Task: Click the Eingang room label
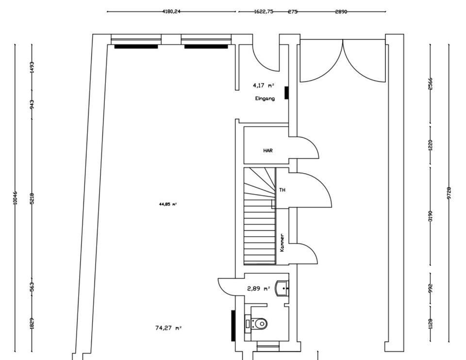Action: (x=265, y=98)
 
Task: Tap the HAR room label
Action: (x=268, y=151)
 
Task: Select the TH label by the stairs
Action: (x=282, y=190)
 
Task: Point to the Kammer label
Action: (x=282, y=243)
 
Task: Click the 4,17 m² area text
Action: (x=263, y=85)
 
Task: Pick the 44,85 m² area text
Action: (x=168, y=204)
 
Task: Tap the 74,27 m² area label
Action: (x=168, y=328)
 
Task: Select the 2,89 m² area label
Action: (x=258, y=289)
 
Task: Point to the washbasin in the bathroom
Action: (x=282, y=288)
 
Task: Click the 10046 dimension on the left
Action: (x=15, y=197)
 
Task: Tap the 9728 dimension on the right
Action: (x=449, y=193)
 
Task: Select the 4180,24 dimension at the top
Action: (x=171, y=11)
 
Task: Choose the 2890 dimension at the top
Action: (x=341, y=11)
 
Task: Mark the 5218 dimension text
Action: (x=32, y=197)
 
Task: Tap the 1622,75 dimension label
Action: (x=264, y=11)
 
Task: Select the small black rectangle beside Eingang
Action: (x=286, y=93)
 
